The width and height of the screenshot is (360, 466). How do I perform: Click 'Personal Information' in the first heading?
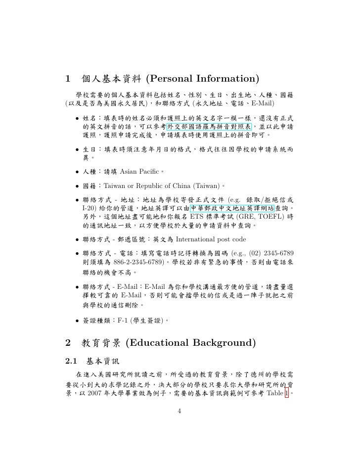pos(203,79)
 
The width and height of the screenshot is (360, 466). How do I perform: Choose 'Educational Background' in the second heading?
pos(189,343)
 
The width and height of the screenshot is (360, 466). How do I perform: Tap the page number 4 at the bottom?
pos(180,411)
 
